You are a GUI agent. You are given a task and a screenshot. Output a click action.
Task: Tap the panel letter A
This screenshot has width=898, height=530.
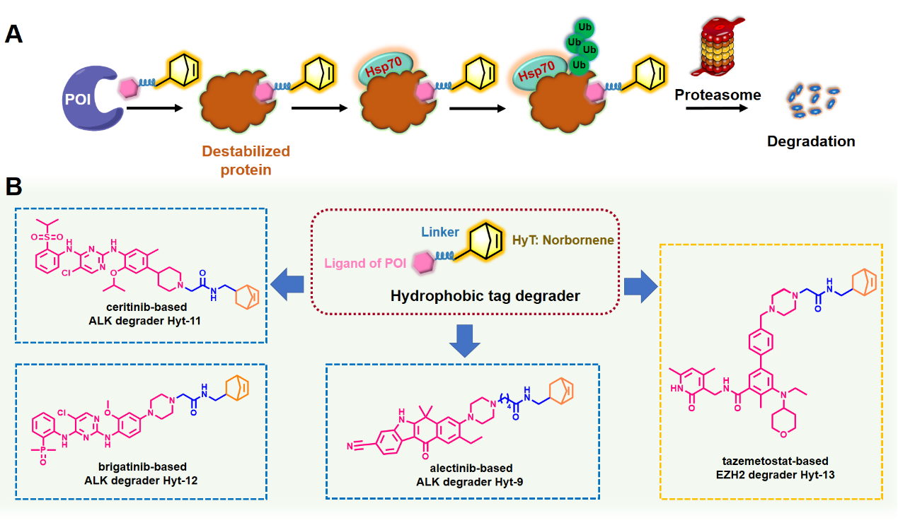[x=16, y=34]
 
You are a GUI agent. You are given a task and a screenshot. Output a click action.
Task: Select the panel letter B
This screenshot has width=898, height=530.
[x=16, y=187]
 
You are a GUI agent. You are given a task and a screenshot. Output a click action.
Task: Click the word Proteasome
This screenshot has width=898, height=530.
[x=718, y=95]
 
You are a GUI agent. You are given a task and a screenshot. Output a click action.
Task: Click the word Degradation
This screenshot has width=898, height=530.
[x=811, y=141]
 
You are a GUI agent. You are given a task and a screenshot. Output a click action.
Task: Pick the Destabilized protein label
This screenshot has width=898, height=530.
[x=246, y=160]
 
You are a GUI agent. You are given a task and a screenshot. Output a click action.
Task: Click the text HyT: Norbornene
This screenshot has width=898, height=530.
[x=563, y=240]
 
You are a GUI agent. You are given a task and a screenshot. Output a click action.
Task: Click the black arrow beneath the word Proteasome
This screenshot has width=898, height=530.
[x=717, y=110]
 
